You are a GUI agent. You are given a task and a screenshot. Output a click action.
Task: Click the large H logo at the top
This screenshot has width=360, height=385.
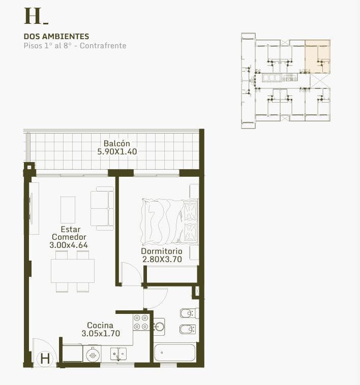click(33, 16)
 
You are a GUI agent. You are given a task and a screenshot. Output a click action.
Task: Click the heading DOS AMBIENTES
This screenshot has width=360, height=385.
click(56, 37)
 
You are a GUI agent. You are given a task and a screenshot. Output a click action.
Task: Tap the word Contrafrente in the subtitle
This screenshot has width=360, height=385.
click(103, 46)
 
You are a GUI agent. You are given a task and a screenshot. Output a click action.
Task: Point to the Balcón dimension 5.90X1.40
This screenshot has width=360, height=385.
click(117, 151)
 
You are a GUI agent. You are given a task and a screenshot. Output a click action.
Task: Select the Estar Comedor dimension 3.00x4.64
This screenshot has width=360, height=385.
click(69, 245)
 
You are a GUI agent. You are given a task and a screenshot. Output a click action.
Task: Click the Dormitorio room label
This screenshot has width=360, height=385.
click(162, 251)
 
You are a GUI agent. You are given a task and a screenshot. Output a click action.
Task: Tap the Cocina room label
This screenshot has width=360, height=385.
click(100, 326)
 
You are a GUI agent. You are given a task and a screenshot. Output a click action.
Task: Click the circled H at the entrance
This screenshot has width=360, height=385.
click(45, 359)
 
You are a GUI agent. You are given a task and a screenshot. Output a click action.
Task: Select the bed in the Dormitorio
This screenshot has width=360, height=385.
click(169, 221)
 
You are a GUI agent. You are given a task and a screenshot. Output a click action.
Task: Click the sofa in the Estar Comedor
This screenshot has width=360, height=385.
click(102, 208)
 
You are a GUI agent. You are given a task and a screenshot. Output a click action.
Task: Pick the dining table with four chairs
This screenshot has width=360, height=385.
click(73, 271)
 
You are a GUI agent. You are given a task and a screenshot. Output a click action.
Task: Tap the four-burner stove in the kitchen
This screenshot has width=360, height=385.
click(141, 322)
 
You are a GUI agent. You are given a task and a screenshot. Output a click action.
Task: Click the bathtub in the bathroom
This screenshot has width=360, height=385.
click(175, 352)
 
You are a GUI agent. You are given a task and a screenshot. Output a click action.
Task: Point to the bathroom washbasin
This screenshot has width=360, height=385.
click(159, 327)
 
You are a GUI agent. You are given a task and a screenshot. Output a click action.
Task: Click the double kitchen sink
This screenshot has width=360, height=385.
click(118, 354)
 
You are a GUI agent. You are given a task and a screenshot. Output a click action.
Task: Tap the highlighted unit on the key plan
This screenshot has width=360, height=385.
click(317, 57)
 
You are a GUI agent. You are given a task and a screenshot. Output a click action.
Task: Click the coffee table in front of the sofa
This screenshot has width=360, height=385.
click(68, 210)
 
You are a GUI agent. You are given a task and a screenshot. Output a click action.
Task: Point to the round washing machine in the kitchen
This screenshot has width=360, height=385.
click(93, 354)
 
